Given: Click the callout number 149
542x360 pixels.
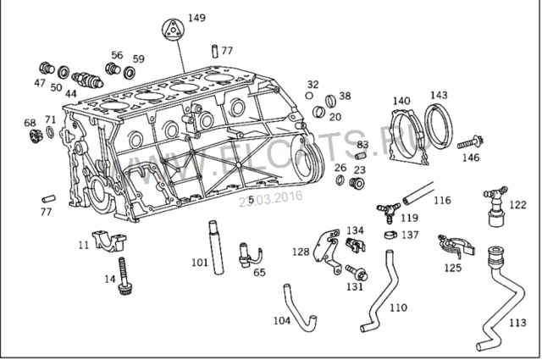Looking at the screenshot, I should coord(196,18).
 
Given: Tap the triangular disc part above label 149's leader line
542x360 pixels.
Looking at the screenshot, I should coord(172,29).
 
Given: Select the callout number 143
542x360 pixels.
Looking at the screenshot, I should coord(439,95).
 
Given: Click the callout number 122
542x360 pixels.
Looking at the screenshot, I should coord(518,205).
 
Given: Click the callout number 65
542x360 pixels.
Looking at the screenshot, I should coord(259,273).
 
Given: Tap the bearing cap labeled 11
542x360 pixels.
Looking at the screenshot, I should coord(108,241).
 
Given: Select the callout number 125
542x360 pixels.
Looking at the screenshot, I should coord(453,268).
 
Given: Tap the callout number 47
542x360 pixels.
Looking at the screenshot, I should coord(40,83).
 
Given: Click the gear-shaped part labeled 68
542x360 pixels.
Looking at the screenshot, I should coord(35,136).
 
